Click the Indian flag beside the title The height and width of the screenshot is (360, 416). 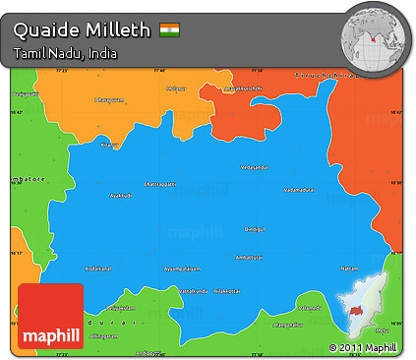[170, 30]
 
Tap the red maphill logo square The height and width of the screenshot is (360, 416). [50, 315]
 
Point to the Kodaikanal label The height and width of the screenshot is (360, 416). [99, 267]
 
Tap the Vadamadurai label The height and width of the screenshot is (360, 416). [299, 189]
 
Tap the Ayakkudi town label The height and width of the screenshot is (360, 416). [120, 195]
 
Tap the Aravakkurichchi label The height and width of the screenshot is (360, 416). [244, 88]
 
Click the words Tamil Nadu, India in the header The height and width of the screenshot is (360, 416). [65, 53]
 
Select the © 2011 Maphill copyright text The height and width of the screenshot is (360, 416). [362, 348]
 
